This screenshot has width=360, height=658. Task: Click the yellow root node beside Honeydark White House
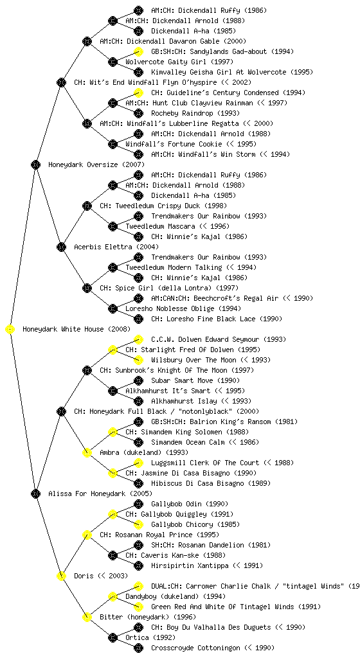pos(10,330)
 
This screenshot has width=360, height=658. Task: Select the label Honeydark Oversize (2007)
pos(96,165)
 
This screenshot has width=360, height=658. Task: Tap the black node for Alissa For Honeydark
pos(35,494)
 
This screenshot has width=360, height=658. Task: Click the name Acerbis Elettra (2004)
pos(116,247)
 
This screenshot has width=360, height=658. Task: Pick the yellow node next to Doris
pos(61,576)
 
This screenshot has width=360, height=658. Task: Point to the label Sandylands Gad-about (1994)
pos(222,51)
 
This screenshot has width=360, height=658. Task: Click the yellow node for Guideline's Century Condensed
pos(138,93)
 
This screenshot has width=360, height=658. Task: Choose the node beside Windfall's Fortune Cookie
pos(113,145)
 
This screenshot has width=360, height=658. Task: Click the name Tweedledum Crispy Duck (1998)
pos(163,206)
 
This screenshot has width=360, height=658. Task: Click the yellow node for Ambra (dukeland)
pos(87,453)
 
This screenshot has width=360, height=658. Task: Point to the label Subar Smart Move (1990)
pos(195,380)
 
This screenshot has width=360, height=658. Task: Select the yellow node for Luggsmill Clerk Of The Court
pos(138,463)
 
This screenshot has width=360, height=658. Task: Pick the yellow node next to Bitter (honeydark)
pos(87,618)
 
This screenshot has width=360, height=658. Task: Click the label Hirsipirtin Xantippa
pos(190,565)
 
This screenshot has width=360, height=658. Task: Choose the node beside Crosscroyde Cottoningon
pos(138,648)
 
